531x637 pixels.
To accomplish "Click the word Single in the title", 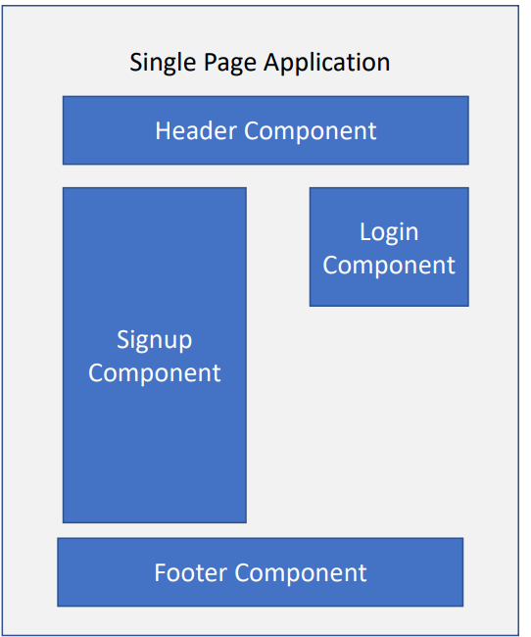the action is [164, 64].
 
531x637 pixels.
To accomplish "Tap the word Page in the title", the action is [230, 64].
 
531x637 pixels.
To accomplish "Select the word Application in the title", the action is [326, 64].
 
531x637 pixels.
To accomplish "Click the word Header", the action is [196, 130].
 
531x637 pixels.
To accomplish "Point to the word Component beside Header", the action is [310, 132].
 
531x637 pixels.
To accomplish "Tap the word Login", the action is [389, 233].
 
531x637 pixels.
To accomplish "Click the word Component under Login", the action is [389, 267].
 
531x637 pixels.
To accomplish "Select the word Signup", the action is [155, 340].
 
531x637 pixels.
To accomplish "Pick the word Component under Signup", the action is [155, 373].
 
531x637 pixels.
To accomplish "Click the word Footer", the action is [190, 573].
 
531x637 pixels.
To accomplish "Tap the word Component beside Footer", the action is [301, 574].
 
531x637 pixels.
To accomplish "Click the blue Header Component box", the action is [265, 130].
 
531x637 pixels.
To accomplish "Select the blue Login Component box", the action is [389, 247].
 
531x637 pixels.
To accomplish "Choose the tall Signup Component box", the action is [155, 355].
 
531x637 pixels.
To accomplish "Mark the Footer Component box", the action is [260, 572].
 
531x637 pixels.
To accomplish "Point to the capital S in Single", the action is [136, 62].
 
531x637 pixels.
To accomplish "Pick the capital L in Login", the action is [365, 232].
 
